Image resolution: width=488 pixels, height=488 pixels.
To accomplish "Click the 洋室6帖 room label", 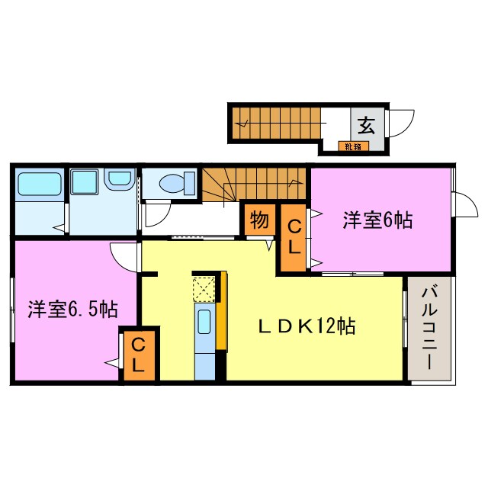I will [377, 221].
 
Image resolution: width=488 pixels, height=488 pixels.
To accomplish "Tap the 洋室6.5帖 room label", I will [73, 310].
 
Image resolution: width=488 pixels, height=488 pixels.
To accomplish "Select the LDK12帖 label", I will [305, 327].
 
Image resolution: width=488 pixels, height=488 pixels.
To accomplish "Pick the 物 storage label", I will [259, 221].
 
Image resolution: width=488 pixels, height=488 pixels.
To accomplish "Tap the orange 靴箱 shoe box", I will [352, 146].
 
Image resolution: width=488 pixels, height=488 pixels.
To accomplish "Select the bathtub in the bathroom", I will [39, 185].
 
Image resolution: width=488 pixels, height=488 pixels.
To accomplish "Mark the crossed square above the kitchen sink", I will [204, 290].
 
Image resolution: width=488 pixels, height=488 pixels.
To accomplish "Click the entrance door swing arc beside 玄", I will [401, 123].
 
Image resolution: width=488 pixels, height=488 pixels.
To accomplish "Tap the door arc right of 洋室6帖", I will [463, 204].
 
